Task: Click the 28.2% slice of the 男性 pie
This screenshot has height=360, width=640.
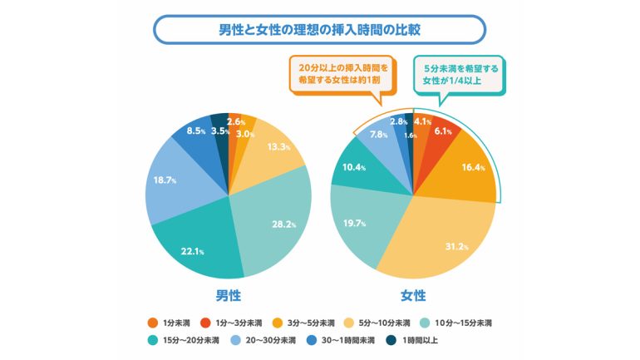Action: [x=273, y=216]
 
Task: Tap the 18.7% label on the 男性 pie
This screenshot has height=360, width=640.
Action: [x=165, y=180]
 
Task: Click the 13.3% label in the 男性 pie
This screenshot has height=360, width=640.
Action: [x=278, y=146]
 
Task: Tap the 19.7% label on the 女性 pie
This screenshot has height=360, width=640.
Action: [x=354, y=223]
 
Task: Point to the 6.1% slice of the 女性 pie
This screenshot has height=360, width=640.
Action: [x=439, y=131]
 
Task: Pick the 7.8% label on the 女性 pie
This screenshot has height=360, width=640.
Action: [x=378, y=134]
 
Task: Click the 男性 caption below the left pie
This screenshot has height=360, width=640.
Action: [x=229, y=295]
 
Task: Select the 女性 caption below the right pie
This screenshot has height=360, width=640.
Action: [x=413, y=295]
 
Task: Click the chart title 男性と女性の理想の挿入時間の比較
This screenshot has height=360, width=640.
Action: [x=320, y=30]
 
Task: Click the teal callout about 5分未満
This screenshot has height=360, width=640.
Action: [x=460, y=75]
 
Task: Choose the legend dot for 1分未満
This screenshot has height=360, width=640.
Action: [x=153, y=323]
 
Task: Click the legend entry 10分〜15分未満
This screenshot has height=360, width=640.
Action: [x=456, y=323]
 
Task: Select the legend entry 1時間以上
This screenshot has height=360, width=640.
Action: [x=411, y=340]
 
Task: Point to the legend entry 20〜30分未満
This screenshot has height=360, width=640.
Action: [x=263, y=340]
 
